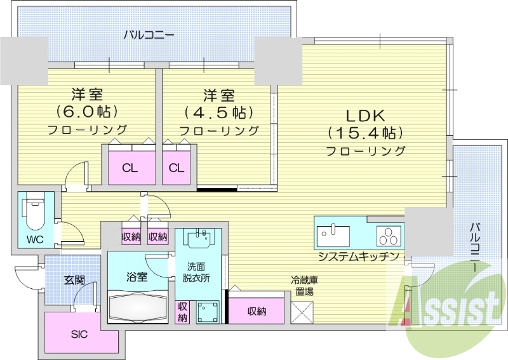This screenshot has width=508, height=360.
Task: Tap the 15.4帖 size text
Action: tap(366, 133)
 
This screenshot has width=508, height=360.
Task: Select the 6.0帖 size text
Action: tap(88, 112)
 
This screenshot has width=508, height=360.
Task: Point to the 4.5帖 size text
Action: tap(219, 113)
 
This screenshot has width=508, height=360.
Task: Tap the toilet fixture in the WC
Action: tap(33, 213)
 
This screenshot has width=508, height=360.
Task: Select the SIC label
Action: tap(79, 334)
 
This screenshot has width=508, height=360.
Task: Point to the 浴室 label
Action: tap(137, 277)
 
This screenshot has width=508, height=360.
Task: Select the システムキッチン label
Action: tap(358, 257)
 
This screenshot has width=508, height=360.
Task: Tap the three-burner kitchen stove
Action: tap(388, 236)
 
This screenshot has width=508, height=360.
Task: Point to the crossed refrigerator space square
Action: tap(302, 312)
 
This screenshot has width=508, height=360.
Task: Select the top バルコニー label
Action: tap(149, 34)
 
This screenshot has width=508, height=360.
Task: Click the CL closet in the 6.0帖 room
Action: tap(130, 168)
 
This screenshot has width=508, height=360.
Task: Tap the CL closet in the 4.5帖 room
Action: tap(177, 168)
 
